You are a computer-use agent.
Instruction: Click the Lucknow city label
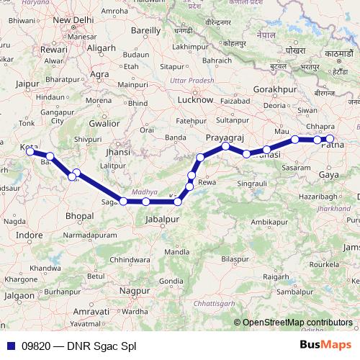(194, 100)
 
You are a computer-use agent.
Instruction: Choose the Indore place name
(29, 235)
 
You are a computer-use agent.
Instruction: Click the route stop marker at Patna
(330, 139)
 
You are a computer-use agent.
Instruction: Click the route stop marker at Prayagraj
(226, 146)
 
